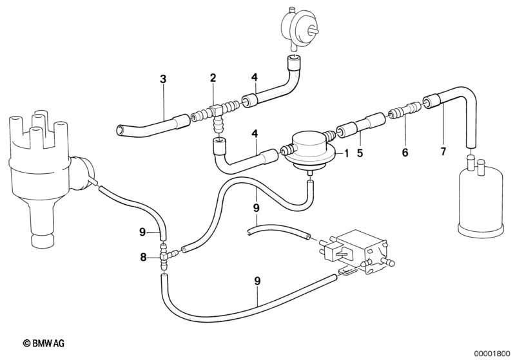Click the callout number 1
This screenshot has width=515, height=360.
tap(346, 153)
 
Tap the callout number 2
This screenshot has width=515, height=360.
tap(213, 78)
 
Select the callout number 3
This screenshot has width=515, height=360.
tap(163, 79)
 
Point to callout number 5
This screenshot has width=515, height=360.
tap(360, 153)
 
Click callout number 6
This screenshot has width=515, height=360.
tap(405, 152)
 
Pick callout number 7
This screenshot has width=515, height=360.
tap(443, 151)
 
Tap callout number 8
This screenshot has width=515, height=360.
tap(143, 257)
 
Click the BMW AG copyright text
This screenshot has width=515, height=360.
tap(43, 343)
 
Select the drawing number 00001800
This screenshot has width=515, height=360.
tap(491, 354)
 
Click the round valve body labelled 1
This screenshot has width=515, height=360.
tap(309, 151)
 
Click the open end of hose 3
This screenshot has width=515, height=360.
tap(121, 130)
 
